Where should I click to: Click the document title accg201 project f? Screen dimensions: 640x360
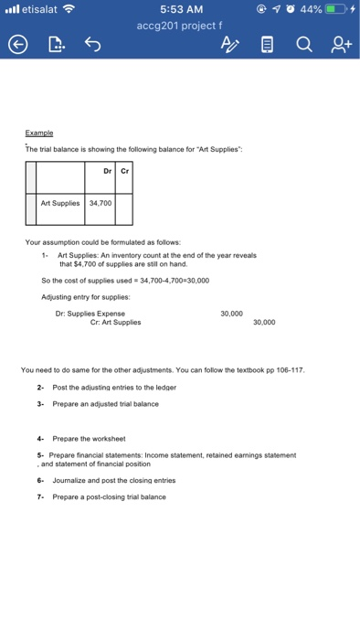pos(181,27)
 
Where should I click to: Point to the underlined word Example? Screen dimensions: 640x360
pos(39,132)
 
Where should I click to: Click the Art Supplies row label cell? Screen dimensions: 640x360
pos(60,203)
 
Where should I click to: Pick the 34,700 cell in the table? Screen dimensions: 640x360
pos(99,203)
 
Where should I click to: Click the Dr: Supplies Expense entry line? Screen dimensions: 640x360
pos(90,314)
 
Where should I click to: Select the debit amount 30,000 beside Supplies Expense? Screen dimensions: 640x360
pos(232,314)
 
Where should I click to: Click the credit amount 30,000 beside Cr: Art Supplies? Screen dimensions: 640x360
pos(263,322)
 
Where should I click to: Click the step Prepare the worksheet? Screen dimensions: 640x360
pos(81,438)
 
